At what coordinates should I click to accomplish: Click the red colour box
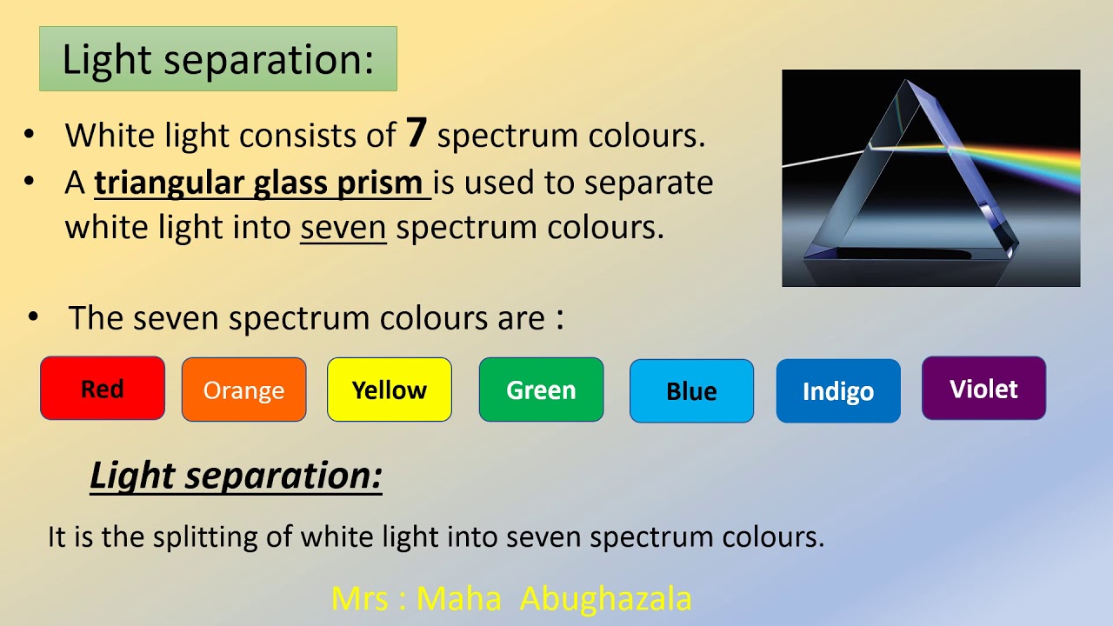click(x=103, y=389)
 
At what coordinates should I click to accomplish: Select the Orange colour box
click(x=243, y=390)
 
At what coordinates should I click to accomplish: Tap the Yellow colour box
click(x=389, y=390)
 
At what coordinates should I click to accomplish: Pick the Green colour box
click(x=541, y=390)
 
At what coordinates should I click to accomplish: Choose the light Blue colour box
click(x=691, y=391)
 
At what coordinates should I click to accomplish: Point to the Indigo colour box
click(x=837, y=391)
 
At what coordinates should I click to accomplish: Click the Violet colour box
click(x=983, y=389)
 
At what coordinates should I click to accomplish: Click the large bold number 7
click(x=417, y=132)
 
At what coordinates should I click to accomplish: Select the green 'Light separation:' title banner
click(x=217, y=59)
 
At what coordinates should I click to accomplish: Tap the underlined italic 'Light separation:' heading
click(x=236, y=476)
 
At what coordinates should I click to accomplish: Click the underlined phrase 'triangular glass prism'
click(x=262, y=183)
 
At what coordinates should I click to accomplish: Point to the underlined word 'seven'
click(x=343, y=227)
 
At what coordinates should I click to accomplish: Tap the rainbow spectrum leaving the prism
click(x=1026, y=164)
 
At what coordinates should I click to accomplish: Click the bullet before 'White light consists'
click(x=30, y=135)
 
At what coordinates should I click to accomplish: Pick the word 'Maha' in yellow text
click(x=458, y=598)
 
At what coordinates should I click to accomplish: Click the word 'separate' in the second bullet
click(x=649, y=183)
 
